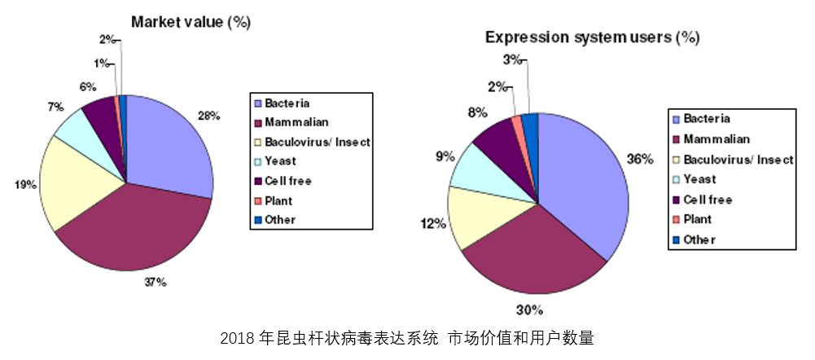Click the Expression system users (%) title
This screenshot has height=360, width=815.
coord(592,37)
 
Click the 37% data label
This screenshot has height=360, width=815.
coord(156,282)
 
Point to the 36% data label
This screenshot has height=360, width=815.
coord(641,160)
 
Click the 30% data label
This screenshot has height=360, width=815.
coord(530,309)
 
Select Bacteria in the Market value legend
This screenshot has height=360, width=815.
coord(287,103)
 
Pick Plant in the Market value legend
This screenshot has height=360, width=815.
coord(278,200)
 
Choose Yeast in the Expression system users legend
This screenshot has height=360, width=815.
coord(699,179)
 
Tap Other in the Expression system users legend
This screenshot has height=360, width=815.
coord(699,239)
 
